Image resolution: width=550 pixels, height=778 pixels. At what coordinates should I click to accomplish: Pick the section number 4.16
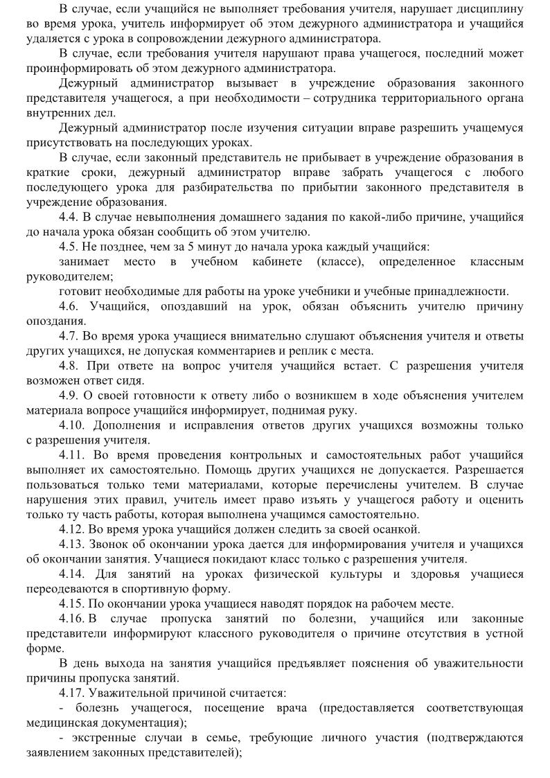pyautogui.click(x=72, y=619)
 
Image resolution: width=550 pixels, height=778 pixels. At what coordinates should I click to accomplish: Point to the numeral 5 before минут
pyautogui.click(x=181, y=247)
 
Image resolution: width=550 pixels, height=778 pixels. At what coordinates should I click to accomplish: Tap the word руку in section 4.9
pyautogui.click(x=342, y=410)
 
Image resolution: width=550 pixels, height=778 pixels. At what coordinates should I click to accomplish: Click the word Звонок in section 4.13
pyautogui.click(x=112, y=544)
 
